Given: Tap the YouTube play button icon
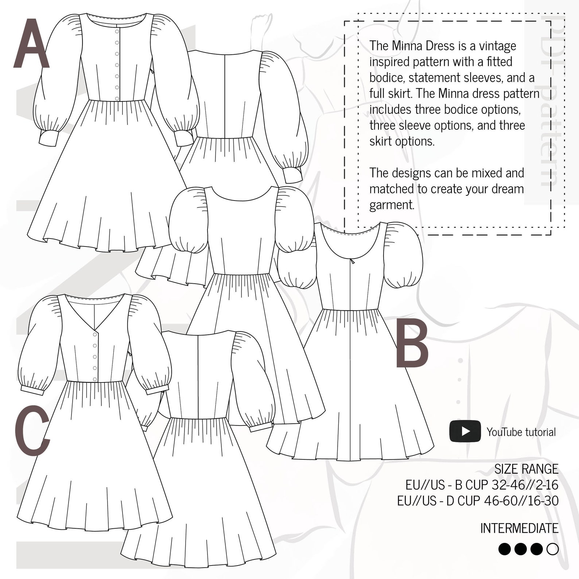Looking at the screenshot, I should [465, 431].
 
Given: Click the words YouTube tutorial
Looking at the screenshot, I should [521, 432].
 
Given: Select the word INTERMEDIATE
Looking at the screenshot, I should [519, 528].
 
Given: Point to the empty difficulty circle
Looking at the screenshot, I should [553, 549].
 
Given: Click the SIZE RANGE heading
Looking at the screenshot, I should [526, 469].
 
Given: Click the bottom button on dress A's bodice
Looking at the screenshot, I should [117, 98].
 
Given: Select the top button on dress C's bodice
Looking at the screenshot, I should [95, 334].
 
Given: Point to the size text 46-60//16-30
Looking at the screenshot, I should [521, 501].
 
